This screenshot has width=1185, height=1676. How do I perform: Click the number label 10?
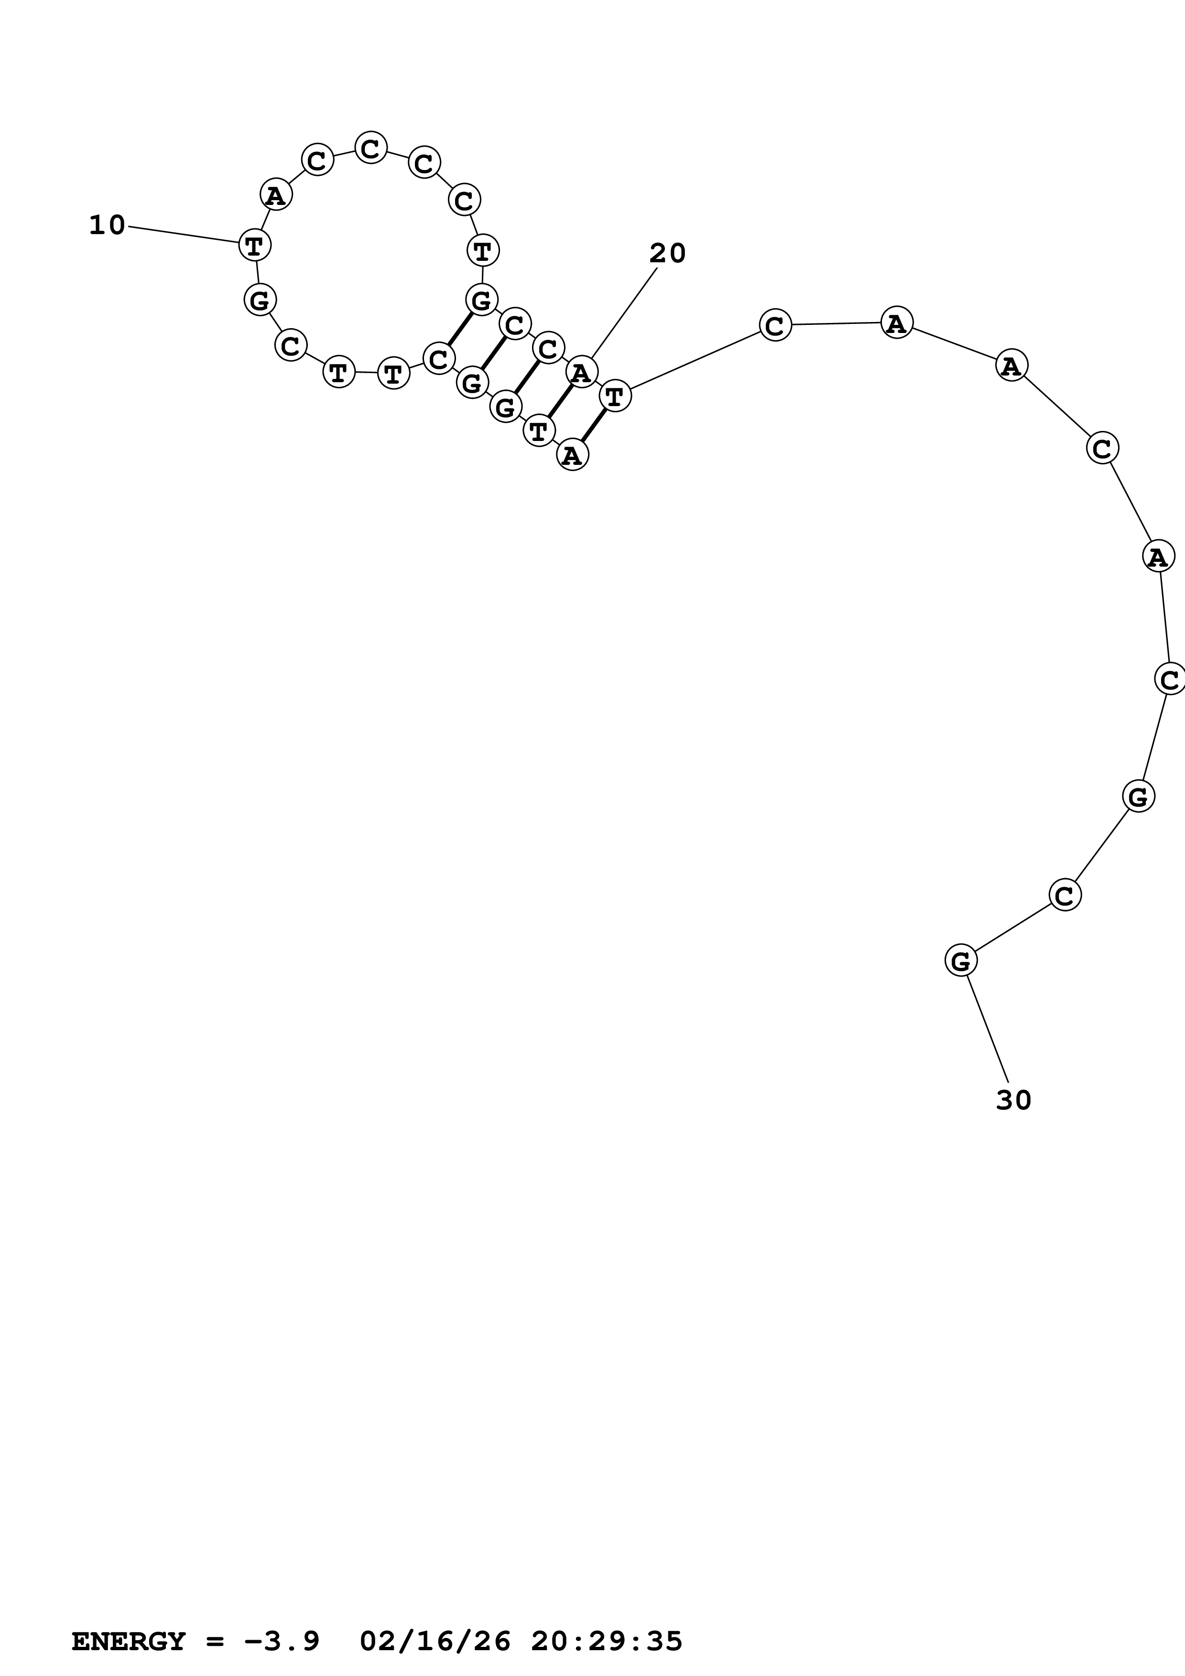point(107,225)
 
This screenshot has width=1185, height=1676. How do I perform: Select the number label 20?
point(667,253)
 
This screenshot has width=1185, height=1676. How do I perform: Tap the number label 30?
point(1013,1100)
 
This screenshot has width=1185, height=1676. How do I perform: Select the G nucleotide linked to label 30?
point(961,961)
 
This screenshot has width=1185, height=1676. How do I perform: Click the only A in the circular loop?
point(276,195)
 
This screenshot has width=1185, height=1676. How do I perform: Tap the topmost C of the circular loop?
point(371,148)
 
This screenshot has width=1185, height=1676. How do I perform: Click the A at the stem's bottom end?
point(572,455)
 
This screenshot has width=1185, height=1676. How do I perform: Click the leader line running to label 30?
point(988,1029)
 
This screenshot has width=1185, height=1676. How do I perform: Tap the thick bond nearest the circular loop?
point(459,329)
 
